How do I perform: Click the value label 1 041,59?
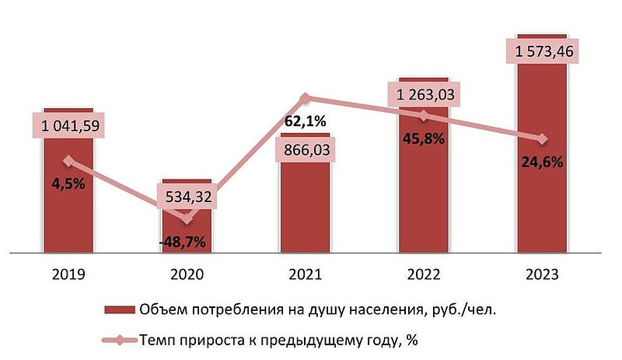[x=68, y=124]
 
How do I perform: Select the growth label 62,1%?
[x=306, y=122]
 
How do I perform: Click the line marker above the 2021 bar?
[x=306, y=98]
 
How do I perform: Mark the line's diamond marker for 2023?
[x=542, y=138]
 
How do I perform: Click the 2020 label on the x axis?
[x=187, y=274]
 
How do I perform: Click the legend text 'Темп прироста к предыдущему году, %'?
[x=279, y=339]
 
